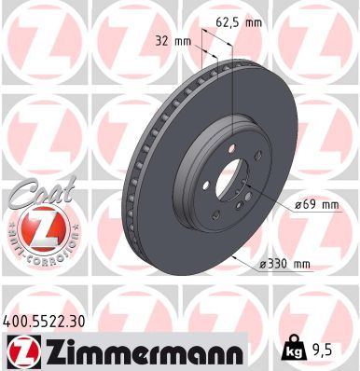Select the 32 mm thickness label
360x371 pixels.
(174, 42)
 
